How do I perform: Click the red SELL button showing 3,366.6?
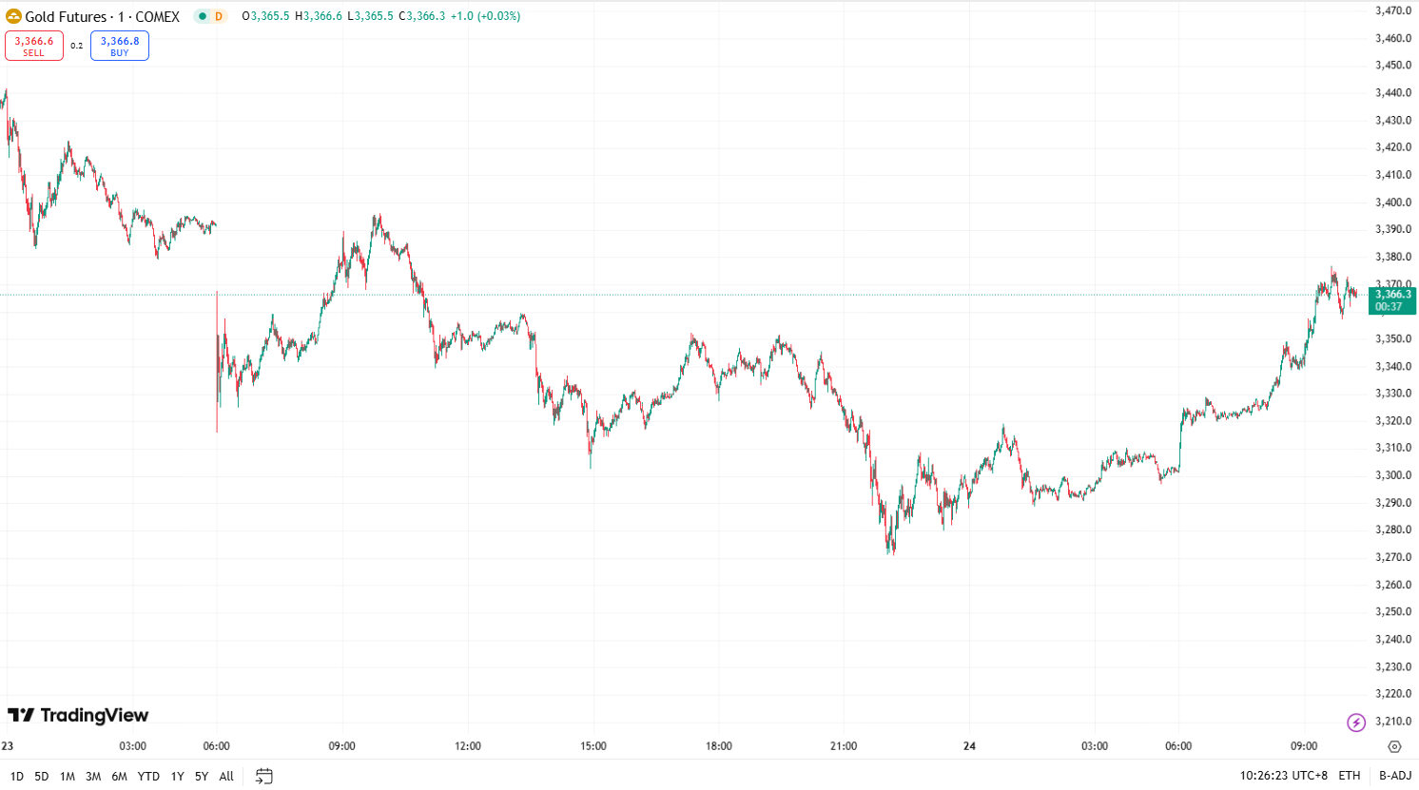pos(34,46)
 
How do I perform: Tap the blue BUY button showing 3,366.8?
pos(120,46)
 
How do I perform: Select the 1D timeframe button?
pos(16,776)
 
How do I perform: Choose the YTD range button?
pos(148,776)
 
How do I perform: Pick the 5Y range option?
pos(202,776)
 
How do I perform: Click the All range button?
pos(226,776)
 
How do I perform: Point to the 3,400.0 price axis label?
pos(1393,202)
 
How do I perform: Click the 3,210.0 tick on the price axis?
pos(1393,722)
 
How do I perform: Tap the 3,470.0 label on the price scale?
pos(1393,11)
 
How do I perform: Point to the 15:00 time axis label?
pos(593,746)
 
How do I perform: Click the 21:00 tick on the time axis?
pos(844,746)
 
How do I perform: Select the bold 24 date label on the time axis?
pos(969,746)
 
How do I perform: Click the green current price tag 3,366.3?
pos(1392,300)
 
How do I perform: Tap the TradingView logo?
pos(78,715)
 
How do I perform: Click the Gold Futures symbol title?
pos(102,16)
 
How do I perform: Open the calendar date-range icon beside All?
pos(264,776)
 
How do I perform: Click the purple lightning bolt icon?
pos(1356,723)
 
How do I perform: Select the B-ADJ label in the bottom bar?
pos(1395,776)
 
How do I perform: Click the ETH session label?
pos(1350,776)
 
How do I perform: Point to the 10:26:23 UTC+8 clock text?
pos(1283,776)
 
